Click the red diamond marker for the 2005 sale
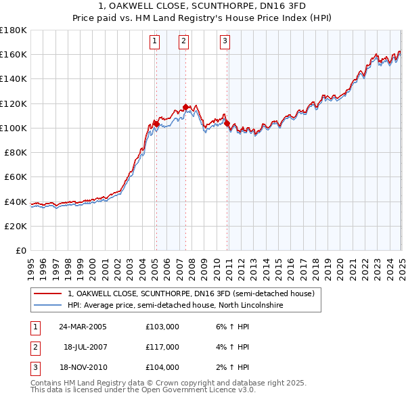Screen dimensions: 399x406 (x=156, y=124)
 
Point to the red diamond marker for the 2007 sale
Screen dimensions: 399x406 (x=185, y=107)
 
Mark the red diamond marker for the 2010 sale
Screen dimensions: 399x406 (x=227, y=123)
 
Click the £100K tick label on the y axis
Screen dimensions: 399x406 (x=14, y=128)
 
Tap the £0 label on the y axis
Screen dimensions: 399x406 (x=22, y=251)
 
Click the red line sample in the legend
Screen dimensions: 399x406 (x=48, y=294)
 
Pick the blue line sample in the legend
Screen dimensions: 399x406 (x=48, y=306)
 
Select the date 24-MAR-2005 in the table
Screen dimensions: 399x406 (x=83, y=327)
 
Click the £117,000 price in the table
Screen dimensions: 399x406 (x=162, y=347)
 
